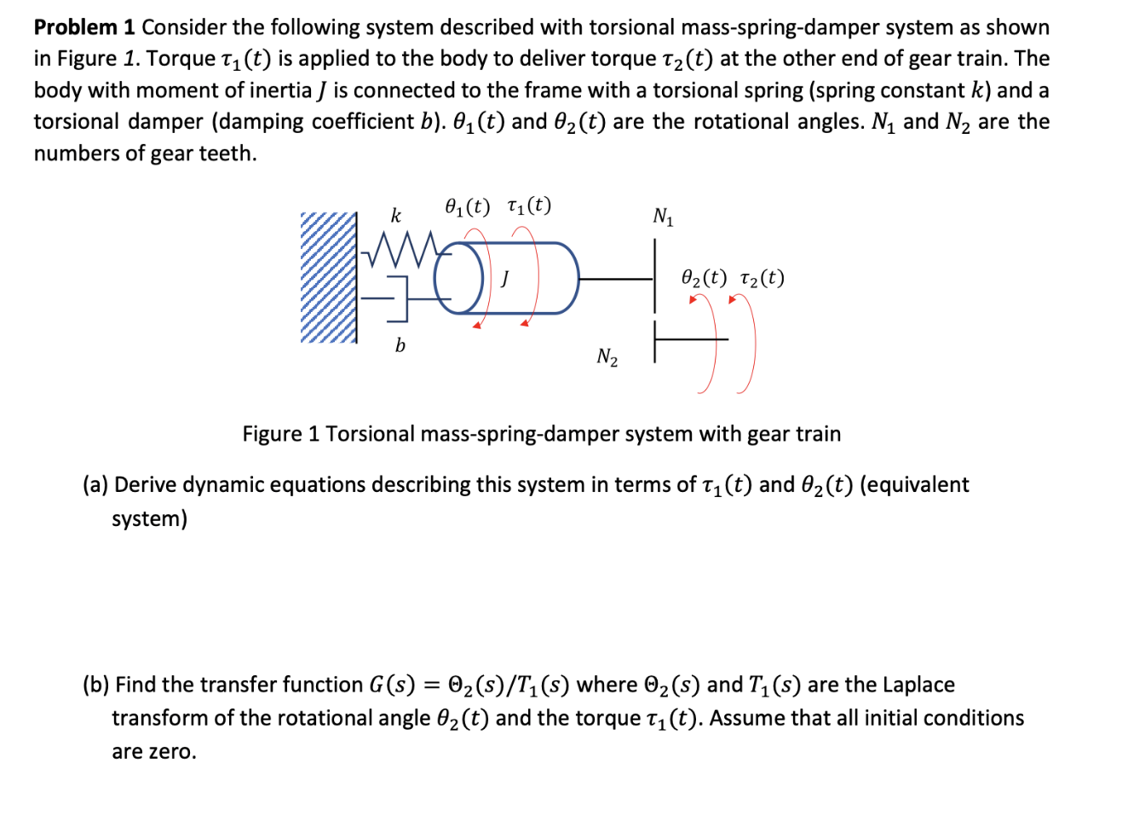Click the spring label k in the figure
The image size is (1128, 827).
point(395,216)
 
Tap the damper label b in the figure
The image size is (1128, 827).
point(400,345)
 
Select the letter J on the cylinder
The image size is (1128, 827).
point(505,278)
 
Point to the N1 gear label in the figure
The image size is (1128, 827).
point(663,217)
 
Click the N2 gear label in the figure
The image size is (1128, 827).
point(607,357)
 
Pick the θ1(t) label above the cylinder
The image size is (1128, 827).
point(468,206)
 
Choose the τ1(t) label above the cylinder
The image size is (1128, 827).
point(529,206)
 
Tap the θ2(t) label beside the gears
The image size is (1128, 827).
point(705,279)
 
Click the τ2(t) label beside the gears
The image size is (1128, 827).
point(762,279)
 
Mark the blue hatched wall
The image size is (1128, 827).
point(328,277)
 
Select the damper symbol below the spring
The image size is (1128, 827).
point(396,298)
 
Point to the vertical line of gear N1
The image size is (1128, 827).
point(655,275)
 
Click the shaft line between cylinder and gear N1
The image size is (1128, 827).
point(615,279)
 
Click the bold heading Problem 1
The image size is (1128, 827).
point(84,27)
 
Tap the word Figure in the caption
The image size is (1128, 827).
point(273,434)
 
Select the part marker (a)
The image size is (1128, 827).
point(95,485)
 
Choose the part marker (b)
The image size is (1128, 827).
point(95,685)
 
